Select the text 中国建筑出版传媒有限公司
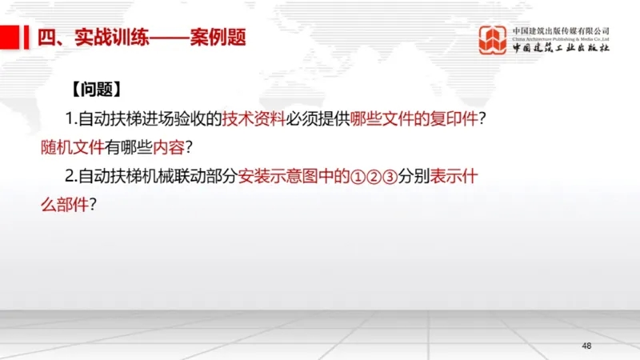tap(561, 30)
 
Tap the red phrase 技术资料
tap(254, 119)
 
